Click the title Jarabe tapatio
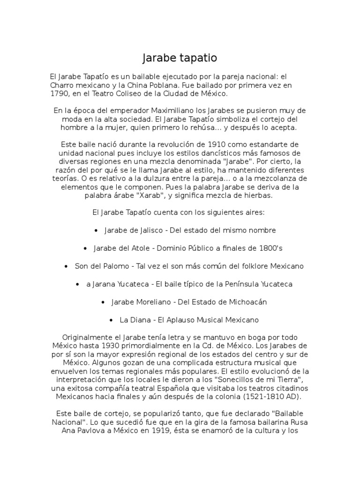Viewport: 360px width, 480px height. click(180, 58)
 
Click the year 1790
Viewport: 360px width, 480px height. click(60, 94)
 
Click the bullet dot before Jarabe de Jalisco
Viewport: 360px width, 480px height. click(96, 231)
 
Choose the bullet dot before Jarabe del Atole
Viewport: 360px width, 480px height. click(85, 248)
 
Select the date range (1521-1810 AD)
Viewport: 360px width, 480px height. click(262, 397)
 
